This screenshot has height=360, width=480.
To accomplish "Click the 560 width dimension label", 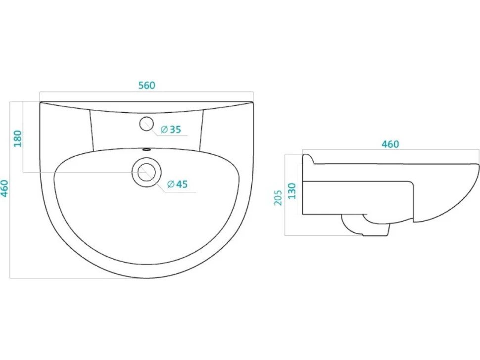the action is coord(147,86).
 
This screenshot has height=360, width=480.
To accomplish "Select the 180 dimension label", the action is coord(18,138).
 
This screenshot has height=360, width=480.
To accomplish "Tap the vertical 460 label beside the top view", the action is coord(5,188).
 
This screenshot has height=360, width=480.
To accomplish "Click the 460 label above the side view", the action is coord(390,144).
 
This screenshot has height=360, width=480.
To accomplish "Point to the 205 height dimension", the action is coord(278,198).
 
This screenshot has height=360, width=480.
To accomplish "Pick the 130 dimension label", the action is coord(292,191).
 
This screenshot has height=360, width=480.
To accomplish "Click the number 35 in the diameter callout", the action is coord(175,130).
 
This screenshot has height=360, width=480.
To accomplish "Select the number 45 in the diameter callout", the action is coord(182,184).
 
